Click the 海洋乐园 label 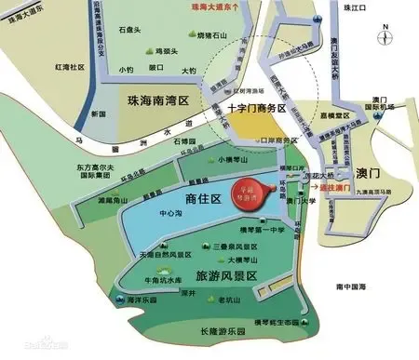[138, 300]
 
